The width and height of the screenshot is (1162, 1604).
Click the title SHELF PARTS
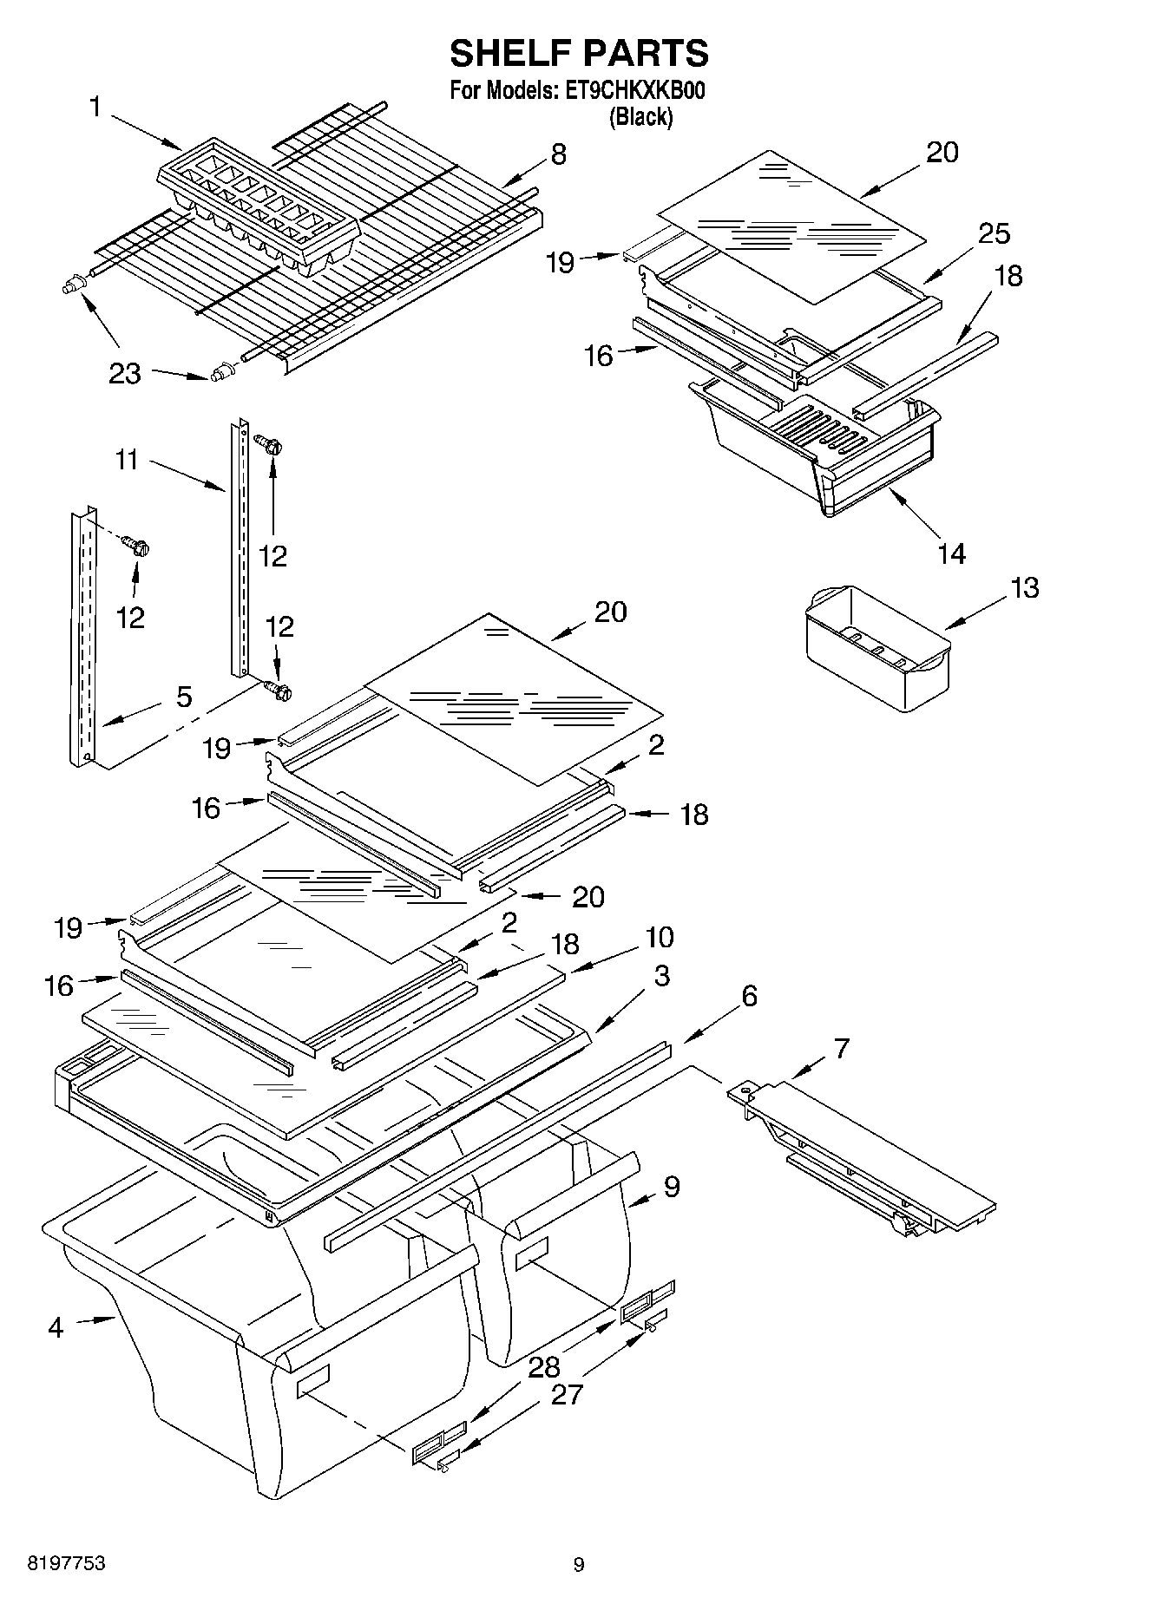(x=579, y=54)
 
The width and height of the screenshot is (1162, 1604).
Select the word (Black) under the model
(x=640, y=117)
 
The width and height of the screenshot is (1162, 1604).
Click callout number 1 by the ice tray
(x=95, y=107)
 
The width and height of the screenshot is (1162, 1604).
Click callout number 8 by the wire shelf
(x=558, y=154)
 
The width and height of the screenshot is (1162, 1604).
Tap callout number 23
(x=124, y=373)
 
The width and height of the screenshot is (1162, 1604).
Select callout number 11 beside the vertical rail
(x=127, y=459)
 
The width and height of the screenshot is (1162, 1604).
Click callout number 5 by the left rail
(x=184, y=697)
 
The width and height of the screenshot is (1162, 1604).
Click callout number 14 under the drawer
(x=951, y=553)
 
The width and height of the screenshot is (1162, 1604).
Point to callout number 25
(x=994, y=233)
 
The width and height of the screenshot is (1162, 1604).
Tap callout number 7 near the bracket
(x=841, y=1048)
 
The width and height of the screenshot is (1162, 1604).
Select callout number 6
(x=749, y=996)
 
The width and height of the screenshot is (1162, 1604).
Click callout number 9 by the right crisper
(x=671, y=1186)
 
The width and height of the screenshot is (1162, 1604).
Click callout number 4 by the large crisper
(x=56, y=1326)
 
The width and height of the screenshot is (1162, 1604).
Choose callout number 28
(x=544, y=1368)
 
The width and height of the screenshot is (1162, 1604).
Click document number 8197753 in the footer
(x=67, y=1563)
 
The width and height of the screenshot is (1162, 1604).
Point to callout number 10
(x=659, y=937)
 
